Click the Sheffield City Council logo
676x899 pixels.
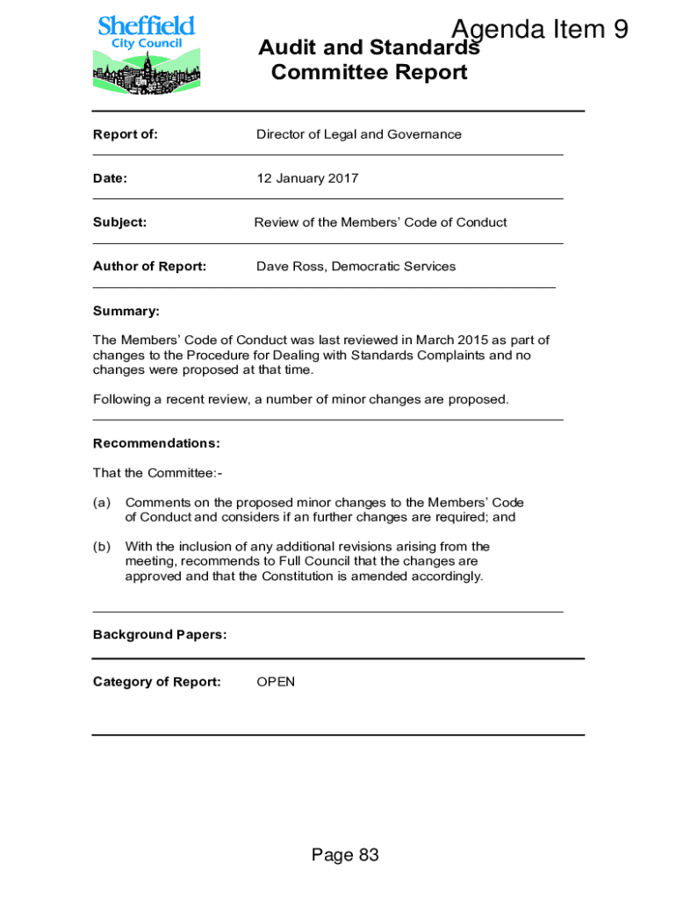tap(146, 54)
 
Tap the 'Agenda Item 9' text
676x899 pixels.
tap(539, 30)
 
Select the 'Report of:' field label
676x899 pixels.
tap(126, 134)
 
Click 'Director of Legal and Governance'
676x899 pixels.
tap(358, 134)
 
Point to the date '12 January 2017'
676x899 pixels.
tap(307, 178)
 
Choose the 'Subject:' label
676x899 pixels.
tap(119, 222)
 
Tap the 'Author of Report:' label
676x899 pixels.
tap(149, 266)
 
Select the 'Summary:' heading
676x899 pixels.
tap(126, 311)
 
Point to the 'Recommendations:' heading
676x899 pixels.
tap(156, 443)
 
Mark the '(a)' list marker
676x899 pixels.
tap(102, 503)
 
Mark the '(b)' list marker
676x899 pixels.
tap(102, 547)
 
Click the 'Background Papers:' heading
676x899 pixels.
tap(160, 635)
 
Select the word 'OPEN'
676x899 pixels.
tap(276, 682)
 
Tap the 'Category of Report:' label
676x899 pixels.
tap(157, 682)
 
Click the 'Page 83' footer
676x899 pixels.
tap(345, 855)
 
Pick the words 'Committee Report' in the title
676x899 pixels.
tap(369, 72)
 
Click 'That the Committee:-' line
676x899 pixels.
tap(158, 473)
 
